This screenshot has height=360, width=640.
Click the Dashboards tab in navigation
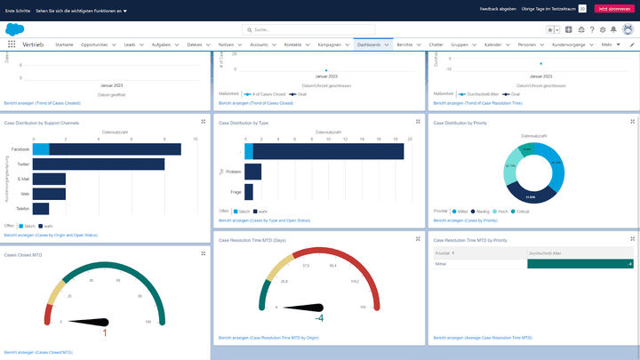point(368,44)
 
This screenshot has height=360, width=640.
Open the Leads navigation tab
point(129,44)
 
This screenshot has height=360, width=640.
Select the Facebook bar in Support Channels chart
point(116,149)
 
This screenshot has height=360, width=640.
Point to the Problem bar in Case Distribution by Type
point(252,172)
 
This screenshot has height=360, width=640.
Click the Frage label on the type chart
point(236,192)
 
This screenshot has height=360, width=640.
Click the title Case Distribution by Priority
point(460,124)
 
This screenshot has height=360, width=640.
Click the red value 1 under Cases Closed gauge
point(105,332)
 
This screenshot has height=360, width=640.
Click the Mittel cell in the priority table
point(441,264)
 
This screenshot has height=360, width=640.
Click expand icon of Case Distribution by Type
point(419,122)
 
